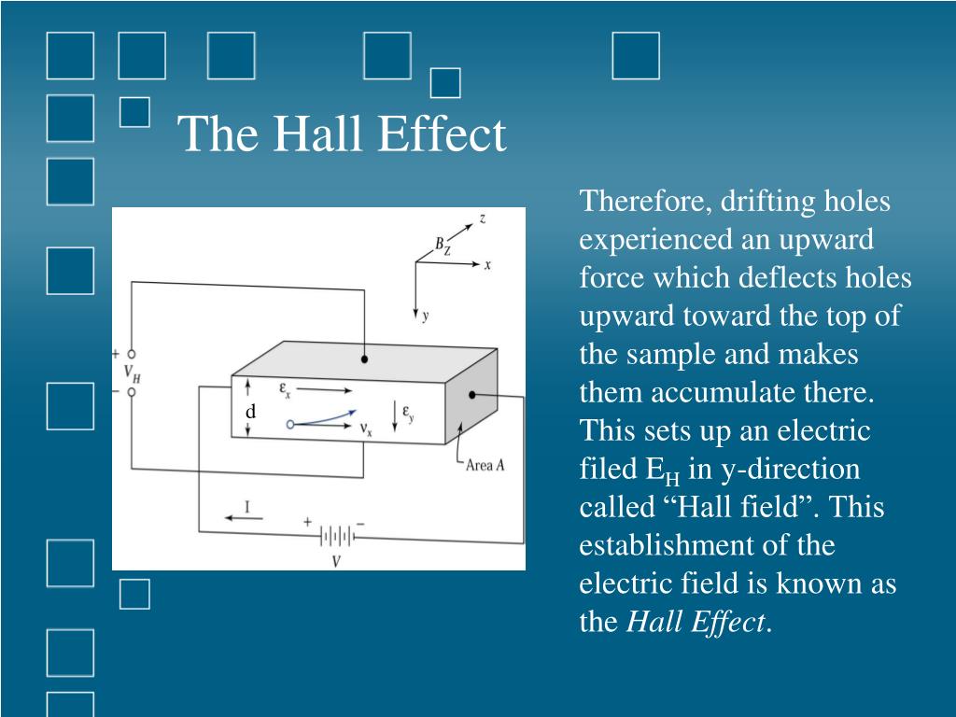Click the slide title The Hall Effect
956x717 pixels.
pos(342,134)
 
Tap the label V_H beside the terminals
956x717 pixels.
pos(132,373)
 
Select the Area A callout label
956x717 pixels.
pos(485,465)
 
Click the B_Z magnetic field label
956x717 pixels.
pos(442,246)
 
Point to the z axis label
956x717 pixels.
pos(482,218)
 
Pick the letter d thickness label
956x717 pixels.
pos(250,412)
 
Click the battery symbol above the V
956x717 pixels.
pos(336,536)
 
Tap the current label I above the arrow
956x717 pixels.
pos(246,506)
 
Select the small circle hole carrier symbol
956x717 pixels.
pos(290,424)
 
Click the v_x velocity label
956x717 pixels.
pos(366,429)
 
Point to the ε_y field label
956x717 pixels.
pos(408,412)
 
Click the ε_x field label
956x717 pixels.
pos(286,387)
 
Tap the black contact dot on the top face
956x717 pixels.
pos(364,358)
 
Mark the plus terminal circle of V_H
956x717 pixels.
pos(132,355)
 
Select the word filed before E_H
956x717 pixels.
pos(609,470)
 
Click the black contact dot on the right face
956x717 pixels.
pos(473,395)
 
